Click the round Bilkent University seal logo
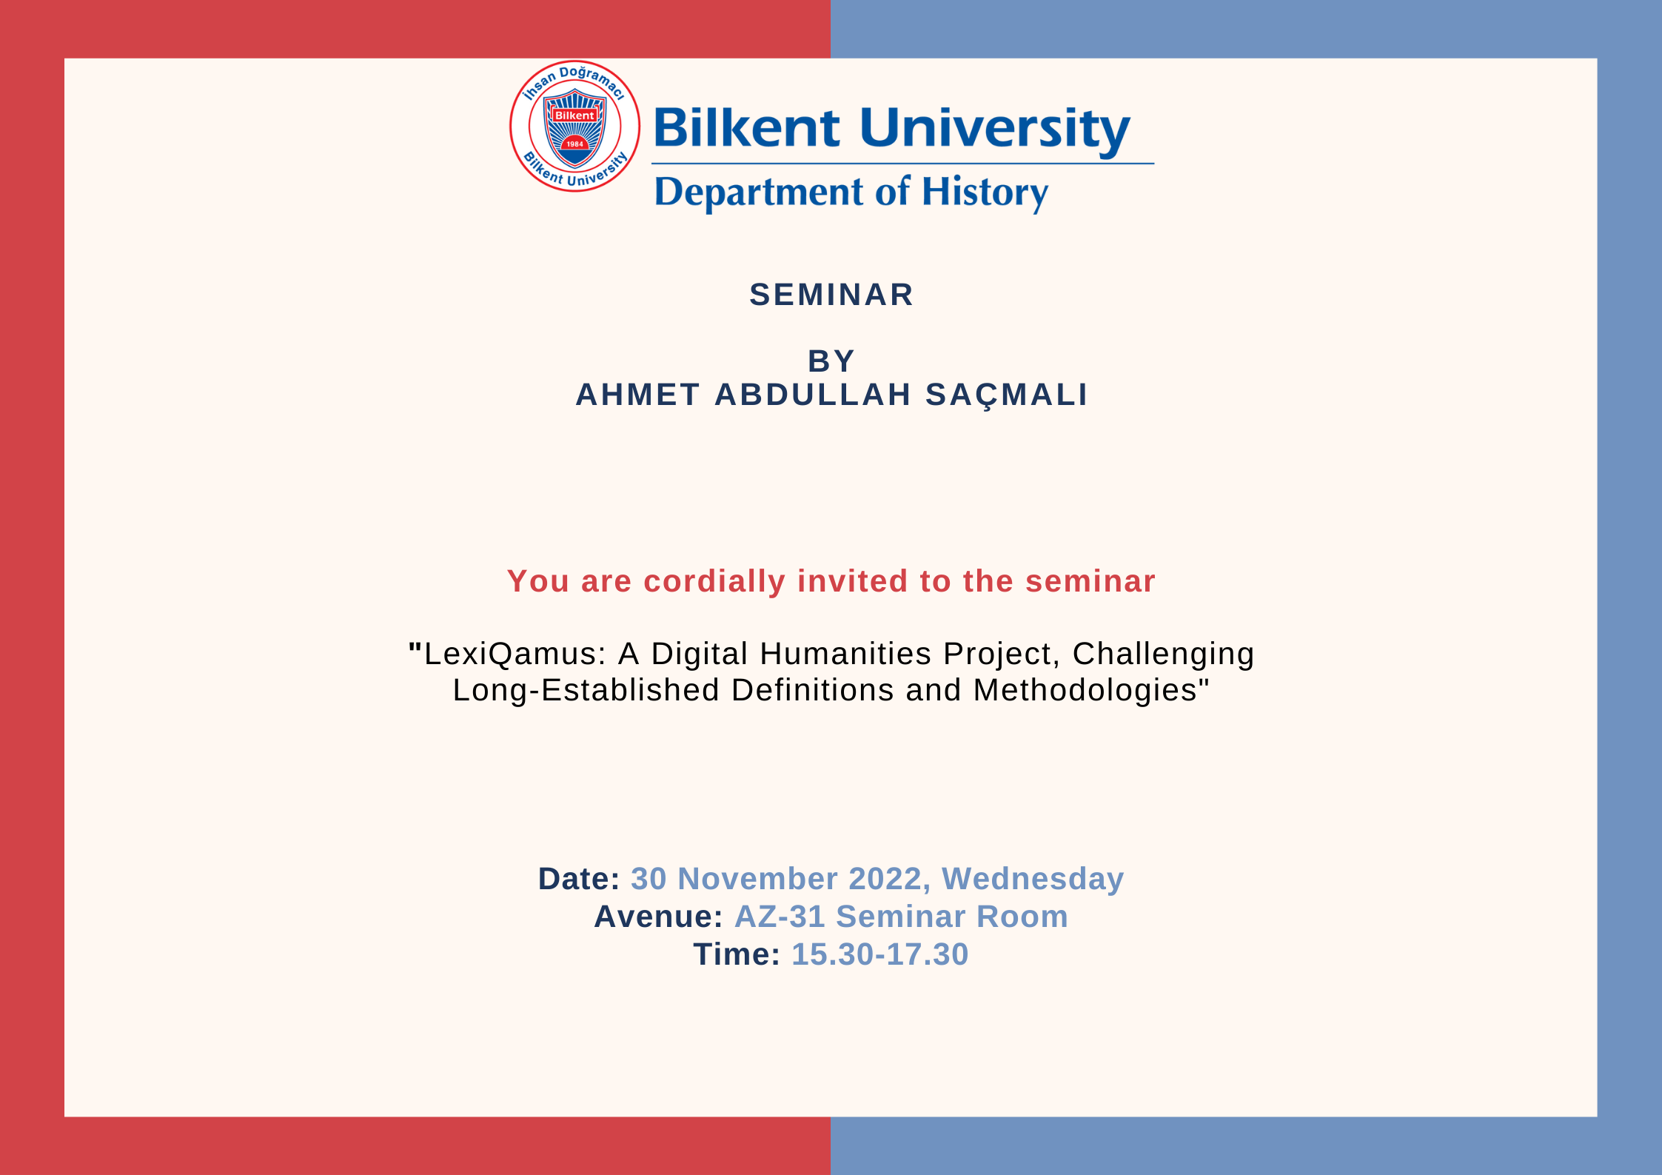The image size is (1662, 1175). pyautogui.click(x=574, y=126)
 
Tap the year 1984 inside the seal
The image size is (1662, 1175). pyautogui.click(x=575, y=144)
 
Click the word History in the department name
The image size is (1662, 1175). pyautogui.click(x=985, y=193)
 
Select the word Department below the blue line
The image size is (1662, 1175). pyautogui.click(x=759, y=193)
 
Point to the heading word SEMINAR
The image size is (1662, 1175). pyautogui.click(x=831, y=295)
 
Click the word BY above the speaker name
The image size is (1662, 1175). pyautogui.click(x=831, y=361)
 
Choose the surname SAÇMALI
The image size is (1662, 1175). pyautogui.click(x=1007, y=395)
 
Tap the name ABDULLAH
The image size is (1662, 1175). pyautogui.click(x=812, y=395)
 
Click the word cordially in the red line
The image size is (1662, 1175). pyautogui.click(x=714, y=582)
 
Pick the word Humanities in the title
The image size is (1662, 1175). pyautogui.click(x=845, y=654)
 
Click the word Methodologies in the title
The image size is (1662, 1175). pyautogui.click(x=1085, y=690)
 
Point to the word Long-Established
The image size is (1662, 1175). pyautogui.click(x=586, y=690)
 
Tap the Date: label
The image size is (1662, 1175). pyautogui.click(x=579, y=879)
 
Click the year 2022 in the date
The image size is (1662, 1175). pyautogui.click(x=885, y=879)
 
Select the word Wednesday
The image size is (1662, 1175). pyautogui.click(x=1033, y=880)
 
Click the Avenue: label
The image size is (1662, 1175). pyautogui.click(x=658, y=917)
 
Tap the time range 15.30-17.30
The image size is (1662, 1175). pyautogui.click(x=879, y=954)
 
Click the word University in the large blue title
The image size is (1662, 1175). pyautogui.click(x=995, y=130)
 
